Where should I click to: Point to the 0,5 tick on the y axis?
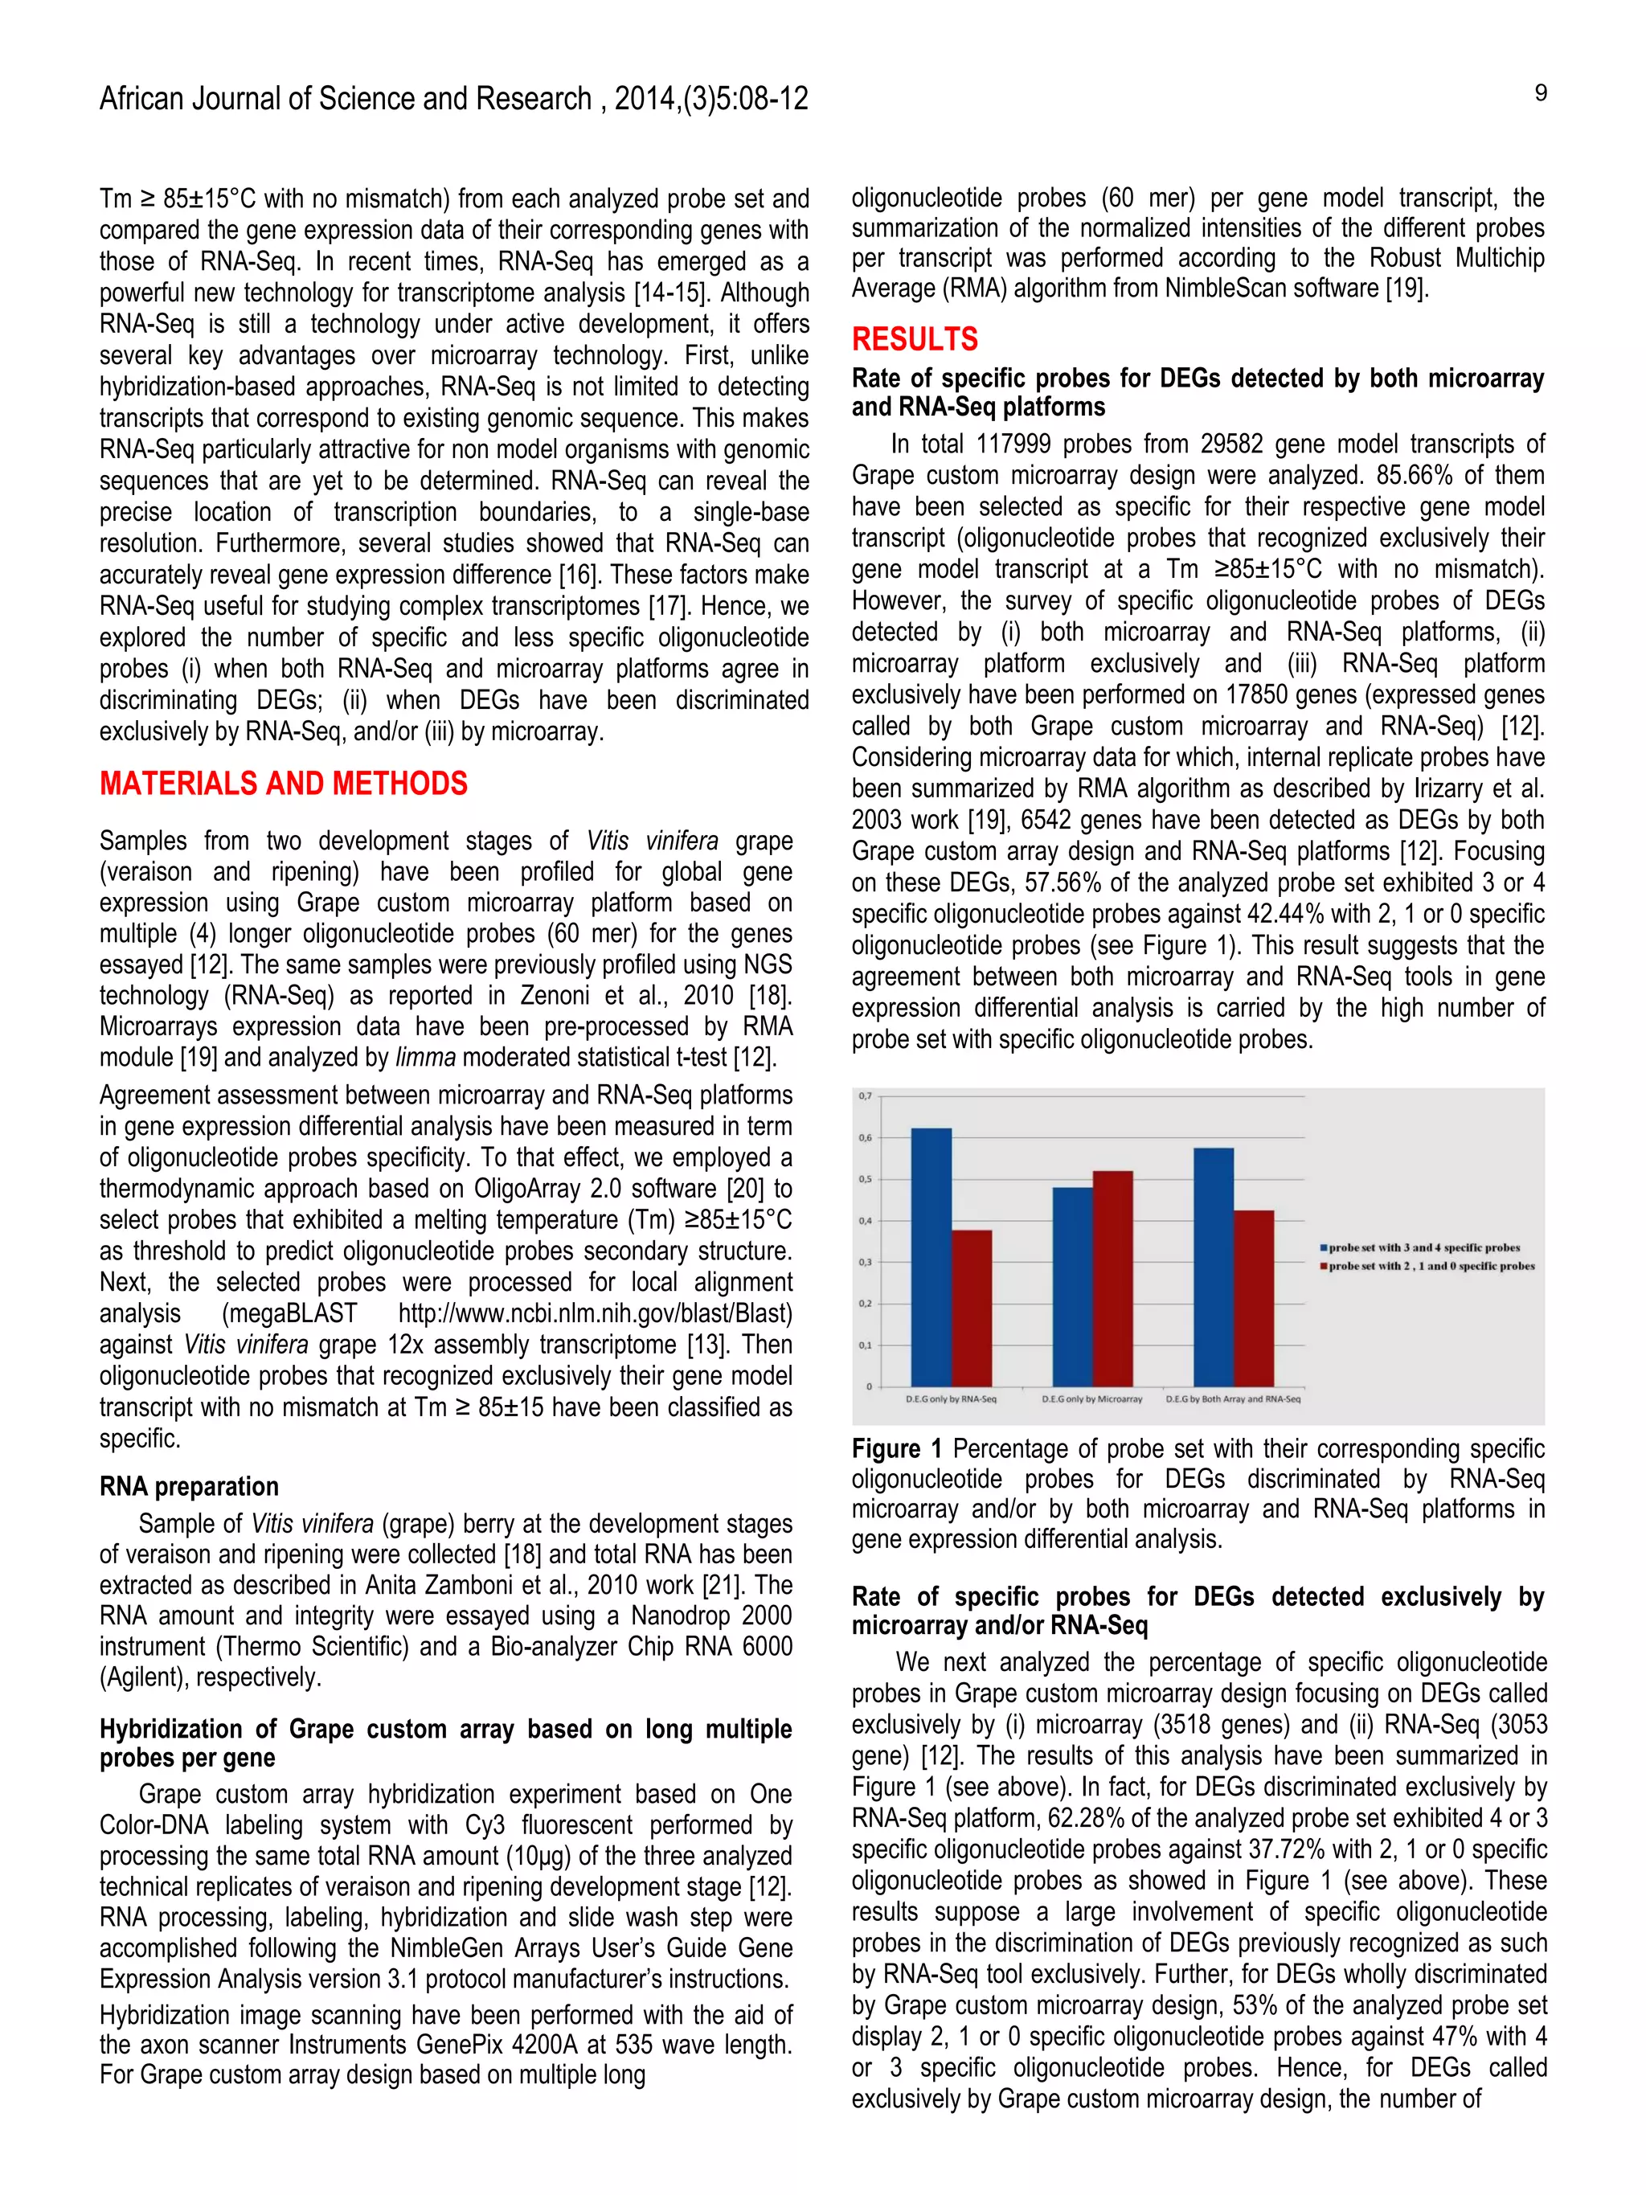tap(865, 1180)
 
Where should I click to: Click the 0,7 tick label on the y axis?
tap(865, 1096)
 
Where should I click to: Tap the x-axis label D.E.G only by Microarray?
tap(1091, 1399)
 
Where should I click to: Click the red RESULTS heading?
tap(914, 339)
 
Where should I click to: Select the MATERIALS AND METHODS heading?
tap(283, 784)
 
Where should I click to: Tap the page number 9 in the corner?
tap(1540, 93)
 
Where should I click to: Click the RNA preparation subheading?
tap(189, 1486)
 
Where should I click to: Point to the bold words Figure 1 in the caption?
tap(896, 1449)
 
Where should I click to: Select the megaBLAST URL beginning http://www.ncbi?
tap(596, 1314)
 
